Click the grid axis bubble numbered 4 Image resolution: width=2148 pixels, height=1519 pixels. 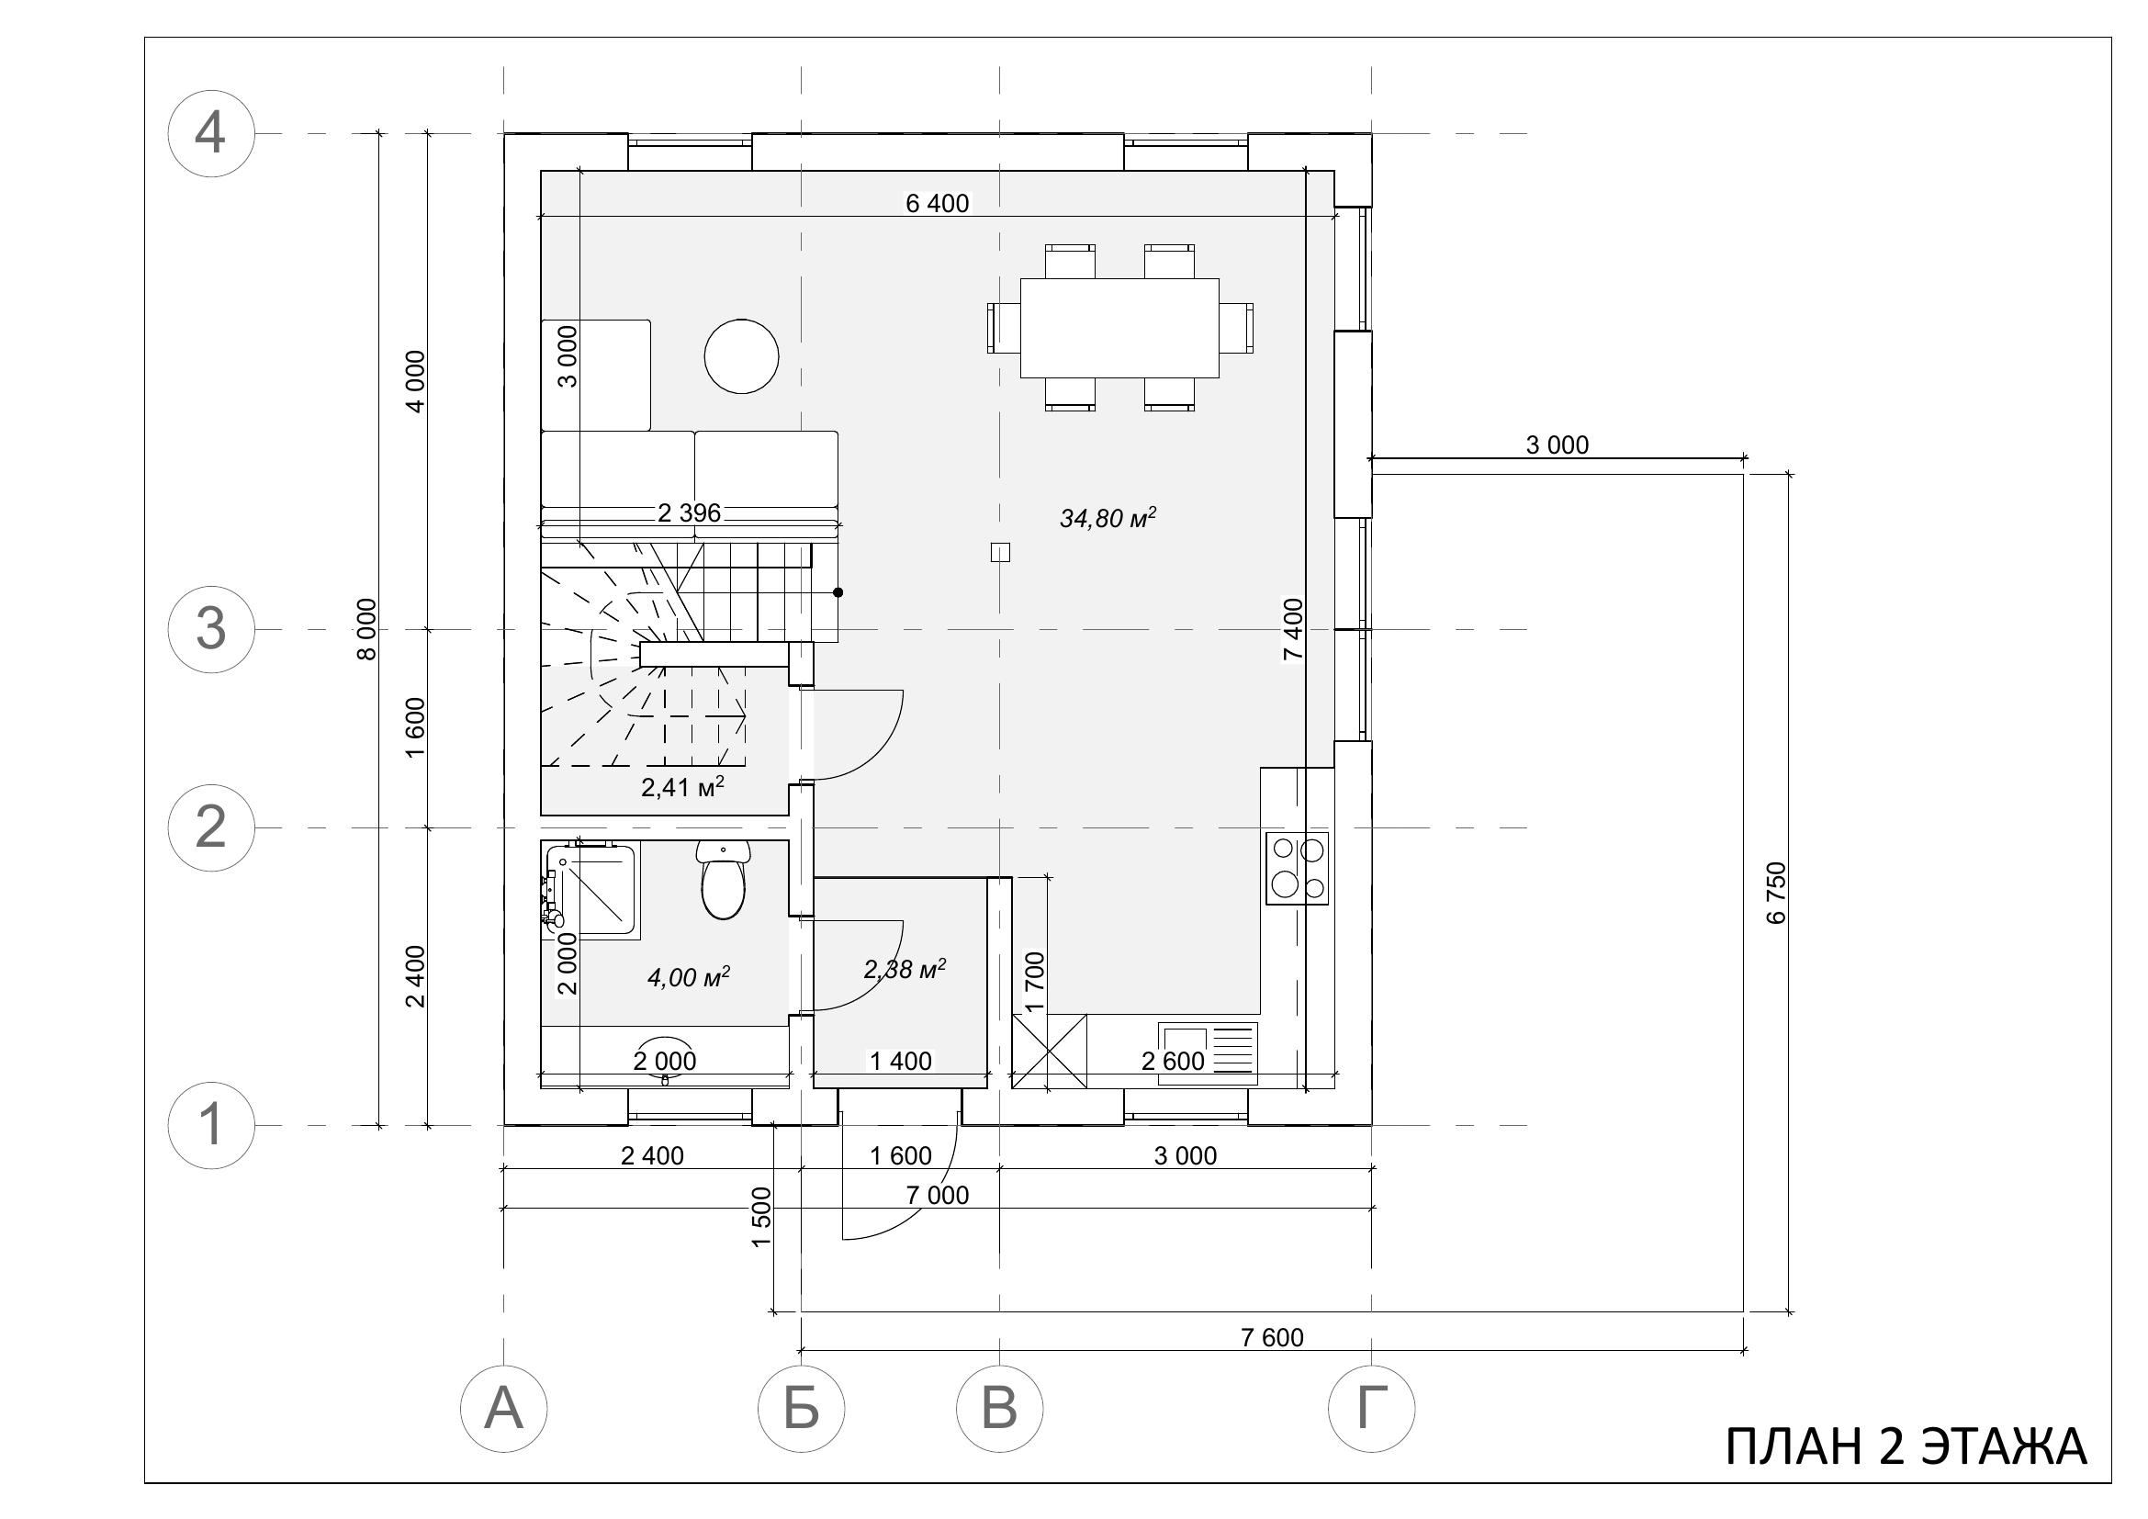[210, 134]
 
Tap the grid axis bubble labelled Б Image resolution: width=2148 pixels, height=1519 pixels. [801, 1409]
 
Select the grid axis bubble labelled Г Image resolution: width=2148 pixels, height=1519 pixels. [1371, 1409]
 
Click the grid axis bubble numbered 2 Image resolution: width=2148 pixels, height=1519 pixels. [210, 827]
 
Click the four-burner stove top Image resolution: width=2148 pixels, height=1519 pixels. [1298, 868]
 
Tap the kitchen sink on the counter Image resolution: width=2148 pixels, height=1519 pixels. [1208, 1053]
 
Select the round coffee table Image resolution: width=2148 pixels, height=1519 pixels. [741, 356]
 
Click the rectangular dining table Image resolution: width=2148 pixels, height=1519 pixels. [1119, 327]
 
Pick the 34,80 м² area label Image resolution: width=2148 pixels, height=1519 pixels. [1108, 518]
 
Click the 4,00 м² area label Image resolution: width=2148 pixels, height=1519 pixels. [689, 977]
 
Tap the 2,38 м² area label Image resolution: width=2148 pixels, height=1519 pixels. [905, 969]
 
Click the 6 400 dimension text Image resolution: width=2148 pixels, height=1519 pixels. [938, 203]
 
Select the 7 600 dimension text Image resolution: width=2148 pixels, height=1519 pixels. [1272, 1337]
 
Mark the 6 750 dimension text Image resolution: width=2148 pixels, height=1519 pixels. [1777, 893]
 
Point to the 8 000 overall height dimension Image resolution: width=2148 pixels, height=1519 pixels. [367, 629]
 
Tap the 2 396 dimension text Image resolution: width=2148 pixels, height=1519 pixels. [690, 512]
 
